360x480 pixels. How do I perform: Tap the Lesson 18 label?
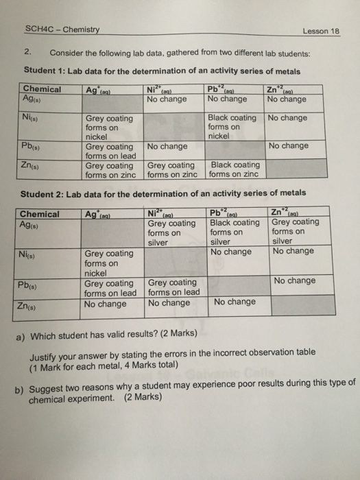321,32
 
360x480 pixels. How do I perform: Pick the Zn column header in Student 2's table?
287,213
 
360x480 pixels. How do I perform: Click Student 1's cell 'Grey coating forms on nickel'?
110,127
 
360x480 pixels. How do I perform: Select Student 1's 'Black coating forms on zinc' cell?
235,169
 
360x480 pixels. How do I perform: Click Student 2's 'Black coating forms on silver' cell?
235,232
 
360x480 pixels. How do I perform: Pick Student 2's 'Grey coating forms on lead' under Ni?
173,288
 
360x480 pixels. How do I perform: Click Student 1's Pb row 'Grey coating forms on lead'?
110,151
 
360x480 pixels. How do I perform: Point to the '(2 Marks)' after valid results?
173,333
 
